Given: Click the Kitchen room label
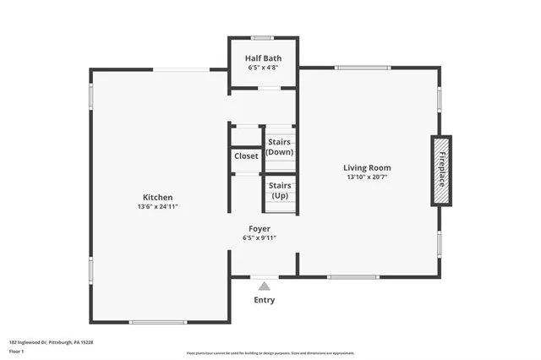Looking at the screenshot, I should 158,197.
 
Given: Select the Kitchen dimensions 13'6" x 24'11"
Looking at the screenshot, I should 158,207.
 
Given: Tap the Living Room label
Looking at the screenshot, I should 367,167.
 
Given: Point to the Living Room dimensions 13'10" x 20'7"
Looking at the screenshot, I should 367,177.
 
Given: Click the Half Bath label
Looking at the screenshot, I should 263,58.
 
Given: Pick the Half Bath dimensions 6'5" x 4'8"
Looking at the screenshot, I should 263,68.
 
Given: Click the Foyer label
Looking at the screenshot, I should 260,229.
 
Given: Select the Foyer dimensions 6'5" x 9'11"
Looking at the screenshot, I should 260,238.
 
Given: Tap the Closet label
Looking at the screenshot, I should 246,156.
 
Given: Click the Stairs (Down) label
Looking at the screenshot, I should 280,147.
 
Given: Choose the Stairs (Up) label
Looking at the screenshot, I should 280,190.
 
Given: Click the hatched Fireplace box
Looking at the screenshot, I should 440,170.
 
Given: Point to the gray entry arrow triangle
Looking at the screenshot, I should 264,286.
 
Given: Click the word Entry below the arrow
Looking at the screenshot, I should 264,300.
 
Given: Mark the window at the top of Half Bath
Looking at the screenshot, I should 263,37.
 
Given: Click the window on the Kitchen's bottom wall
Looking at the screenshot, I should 158,322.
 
